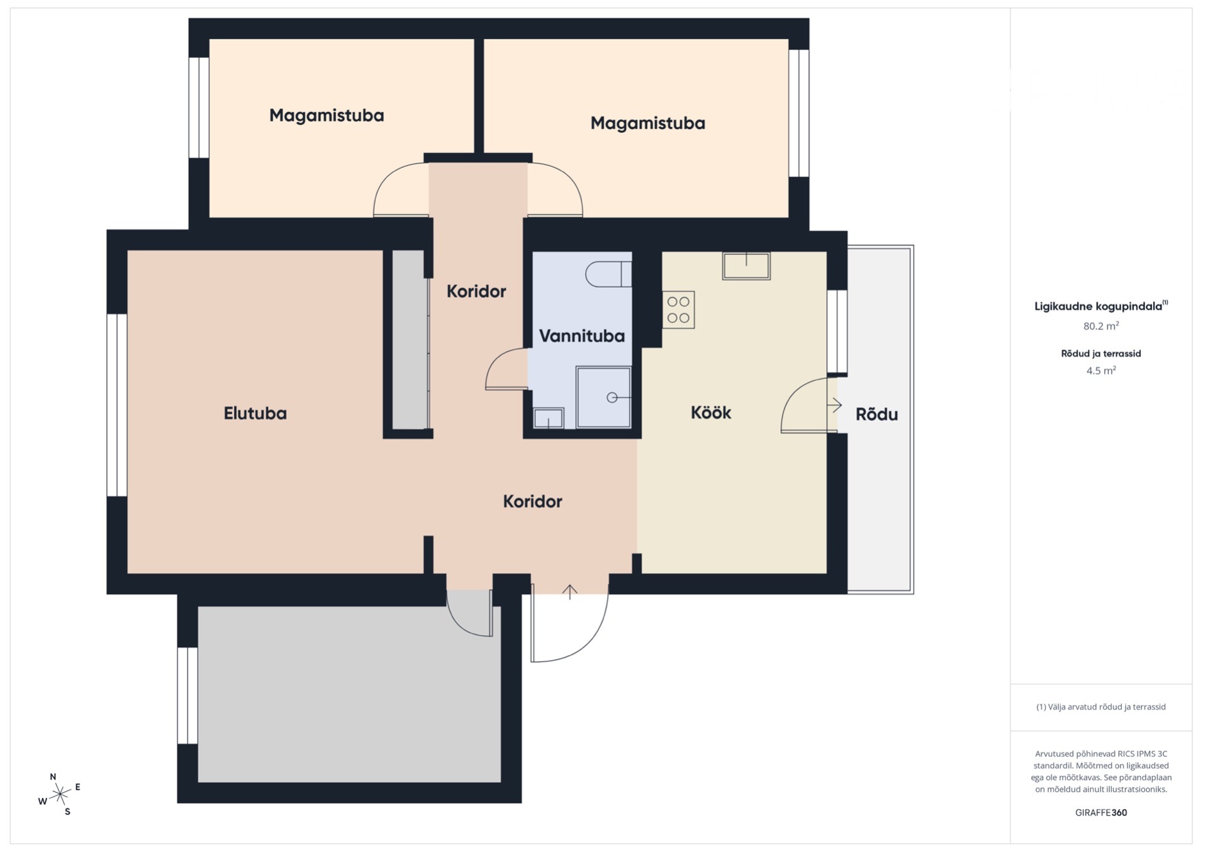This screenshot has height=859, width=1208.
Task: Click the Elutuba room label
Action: (255, 413)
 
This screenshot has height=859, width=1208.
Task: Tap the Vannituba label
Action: (582, 336)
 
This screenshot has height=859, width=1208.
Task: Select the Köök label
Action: (711, 413)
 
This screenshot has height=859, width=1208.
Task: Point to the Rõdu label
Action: (876, 414)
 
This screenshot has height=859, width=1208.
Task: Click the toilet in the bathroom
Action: (608, 274)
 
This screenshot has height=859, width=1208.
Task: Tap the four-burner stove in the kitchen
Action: (678, 310)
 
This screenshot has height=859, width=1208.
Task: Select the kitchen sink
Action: (746, 266)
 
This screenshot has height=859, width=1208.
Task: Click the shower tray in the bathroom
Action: (603, 397)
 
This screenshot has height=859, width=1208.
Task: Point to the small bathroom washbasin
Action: (549, 418)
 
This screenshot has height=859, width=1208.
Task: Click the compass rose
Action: (60, 794)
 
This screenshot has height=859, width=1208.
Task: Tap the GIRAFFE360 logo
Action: (1101, 812)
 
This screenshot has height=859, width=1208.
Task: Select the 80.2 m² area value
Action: (1101, 326)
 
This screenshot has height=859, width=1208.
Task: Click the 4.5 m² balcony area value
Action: (1101, 371)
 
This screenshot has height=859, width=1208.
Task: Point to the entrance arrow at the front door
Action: (569, 592)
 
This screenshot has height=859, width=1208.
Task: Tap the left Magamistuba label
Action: (327, 116)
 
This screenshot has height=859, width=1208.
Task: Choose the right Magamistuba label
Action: (647, 123)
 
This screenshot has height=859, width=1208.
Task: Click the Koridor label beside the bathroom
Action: (476, 291)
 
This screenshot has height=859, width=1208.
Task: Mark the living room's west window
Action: (117, 405)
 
